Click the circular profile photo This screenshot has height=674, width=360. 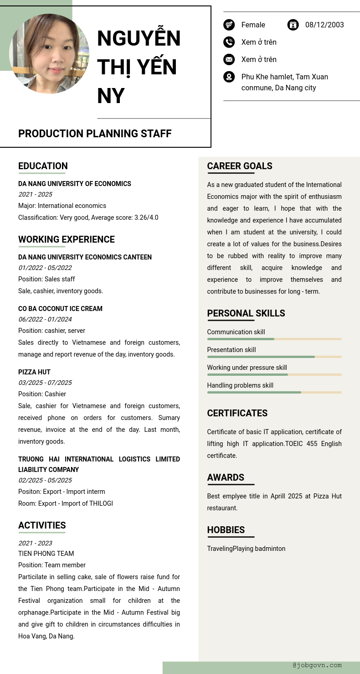click(x=49, y=54)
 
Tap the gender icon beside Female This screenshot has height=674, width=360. click(x=229, y=25)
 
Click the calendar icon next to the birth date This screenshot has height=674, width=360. click(x=293, y=25)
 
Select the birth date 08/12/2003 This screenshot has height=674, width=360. click(x=324, y=25)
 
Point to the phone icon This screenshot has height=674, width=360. click(x=229, y=42)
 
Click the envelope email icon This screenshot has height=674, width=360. click(x=229, y=59)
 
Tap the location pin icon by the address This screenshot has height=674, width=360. click(x=229, y=77)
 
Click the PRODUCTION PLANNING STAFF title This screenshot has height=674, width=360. click(x=95, y=134)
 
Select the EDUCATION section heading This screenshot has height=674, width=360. click(x=43, y=166)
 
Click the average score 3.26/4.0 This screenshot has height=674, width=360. click(x=146, y=218)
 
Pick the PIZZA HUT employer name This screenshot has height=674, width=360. click(x=34, y=372)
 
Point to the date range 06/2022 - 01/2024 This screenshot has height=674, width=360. click(x=45, y=319)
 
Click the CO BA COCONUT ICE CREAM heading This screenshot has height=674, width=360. click(x=60, y=309)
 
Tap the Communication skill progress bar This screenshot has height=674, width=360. click(x=274, y=339)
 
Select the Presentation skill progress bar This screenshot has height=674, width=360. click(x=274, y=357)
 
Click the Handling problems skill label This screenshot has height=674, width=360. click(x=240, y=385)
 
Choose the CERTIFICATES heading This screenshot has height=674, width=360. click(x=237, y=413)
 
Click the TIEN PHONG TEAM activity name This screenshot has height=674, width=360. click(x=46, y=554)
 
